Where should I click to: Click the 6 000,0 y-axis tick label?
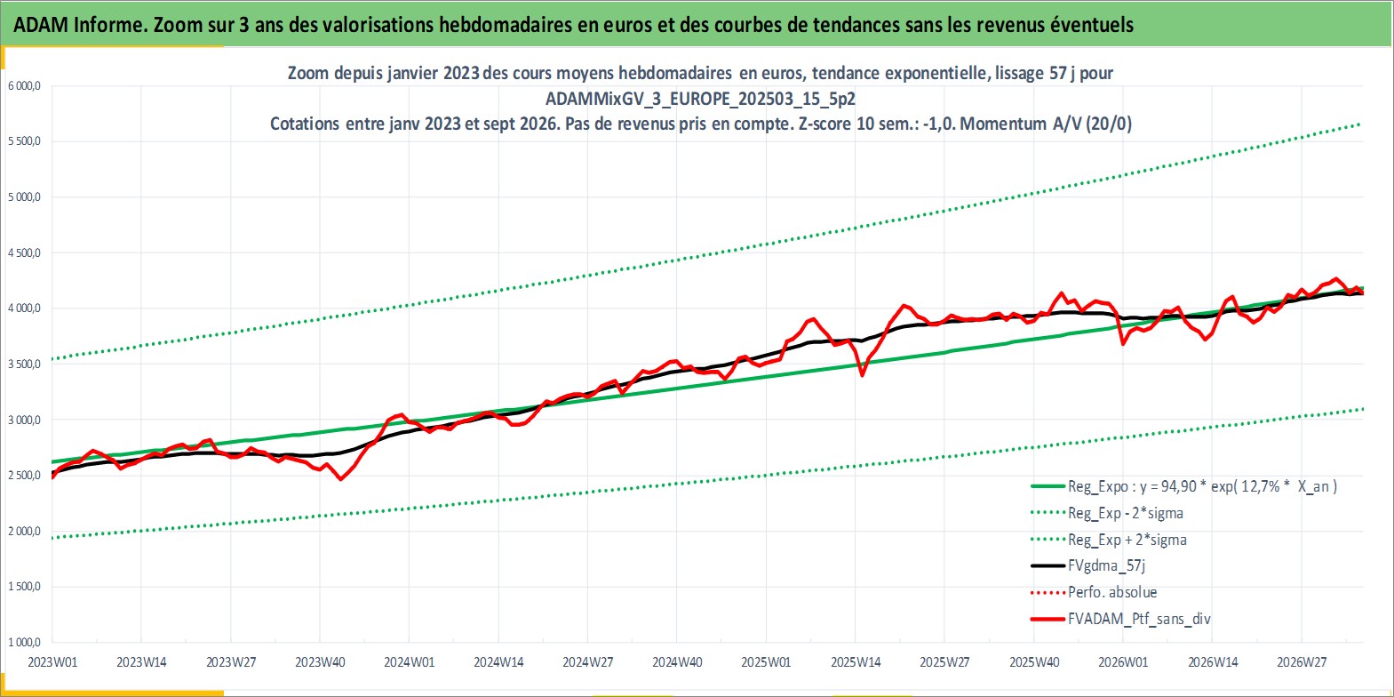24,86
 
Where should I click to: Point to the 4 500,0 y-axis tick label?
24,252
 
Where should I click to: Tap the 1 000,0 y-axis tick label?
24,642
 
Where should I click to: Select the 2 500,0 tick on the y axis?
24,476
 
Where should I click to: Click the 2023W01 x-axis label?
53,662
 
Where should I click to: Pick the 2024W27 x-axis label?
588,662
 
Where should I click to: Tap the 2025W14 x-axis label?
856,662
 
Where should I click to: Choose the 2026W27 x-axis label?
1302,662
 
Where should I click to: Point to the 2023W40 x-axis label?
321,662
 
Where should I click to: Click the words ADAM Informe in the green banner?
79,25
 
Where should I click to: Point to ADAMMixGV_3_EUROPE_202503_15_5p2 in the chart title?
700,99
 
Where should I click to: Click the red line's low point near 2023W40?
340,479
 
